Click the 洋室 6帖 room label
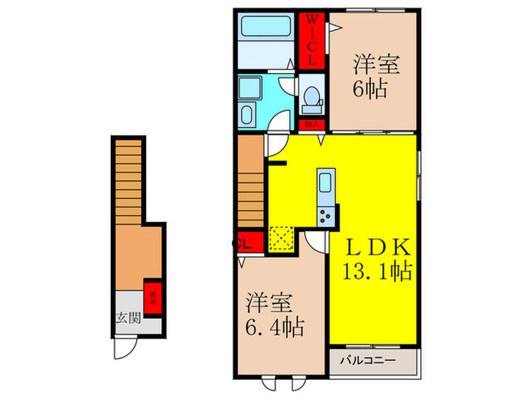pyautogui.click(x=370, y=77)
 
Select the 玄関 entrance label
pyautogui.click(x=128, y=318)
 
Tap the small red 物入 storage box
pyautogui.click(x=311, y=125)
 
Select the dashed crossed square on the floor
pyautogui.click(x=280, y=238)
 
